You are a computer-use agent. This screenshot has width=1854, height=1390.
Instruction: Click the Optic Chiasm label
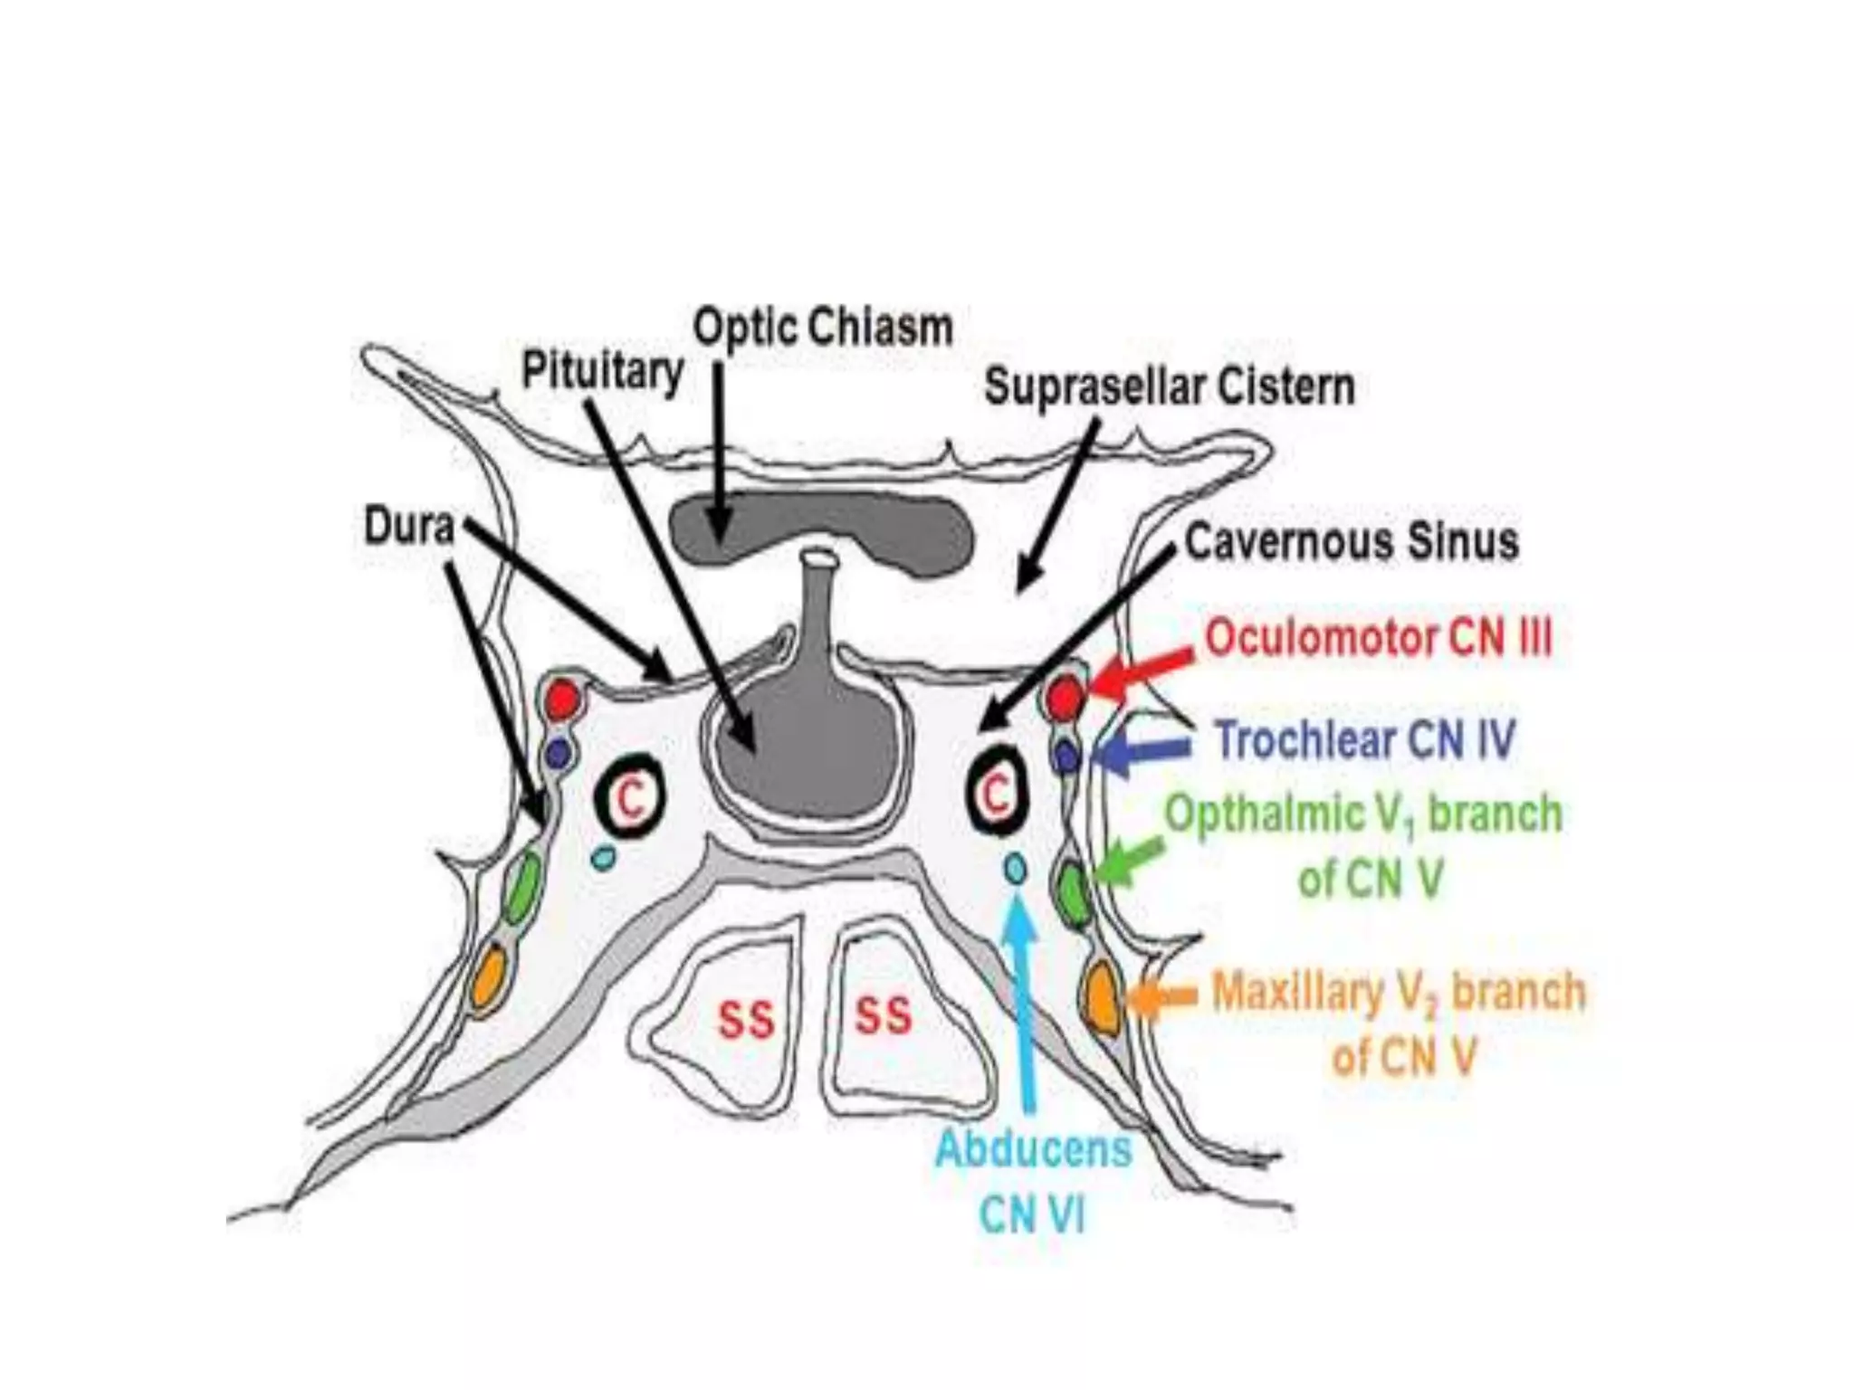coord(822,328)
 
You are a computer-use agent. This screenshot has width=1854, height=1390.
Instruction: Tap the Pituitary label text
coord(602,371)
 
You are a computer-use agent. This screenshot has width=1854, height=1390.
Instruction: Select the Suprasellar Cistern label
coord(1169,387)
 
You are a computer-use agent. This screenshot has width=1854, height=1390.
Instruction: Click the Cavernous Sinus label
coord(1351,541)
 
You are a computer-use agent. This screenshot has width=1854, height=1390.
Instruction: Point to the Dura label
coord(408,526)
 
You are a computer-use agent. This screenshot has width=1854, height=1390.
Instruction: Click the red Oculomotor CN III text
coord(1378,639)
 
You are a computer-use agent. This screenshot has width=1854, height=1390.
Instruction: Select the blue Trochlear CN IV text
coord(1364,740)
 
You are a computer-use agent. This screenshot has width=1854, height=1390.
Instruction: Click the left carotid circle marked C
coord(630,796)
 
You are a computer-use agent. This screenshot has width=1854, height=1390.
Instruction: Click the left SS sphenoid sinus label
coord(746,1021)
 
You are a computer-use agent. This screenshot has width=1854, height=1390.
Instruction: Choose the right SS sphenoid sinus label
coord(883,1015)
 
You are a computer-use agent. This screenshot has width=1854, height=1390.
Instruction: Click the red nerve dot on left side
coord(562,700)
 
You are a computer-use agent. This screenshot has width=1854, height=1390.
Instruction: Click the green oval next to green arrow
coord(1074,893)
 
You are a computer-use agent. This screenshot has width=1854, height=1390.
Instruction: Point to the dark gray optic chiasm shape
coord(819,529)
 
